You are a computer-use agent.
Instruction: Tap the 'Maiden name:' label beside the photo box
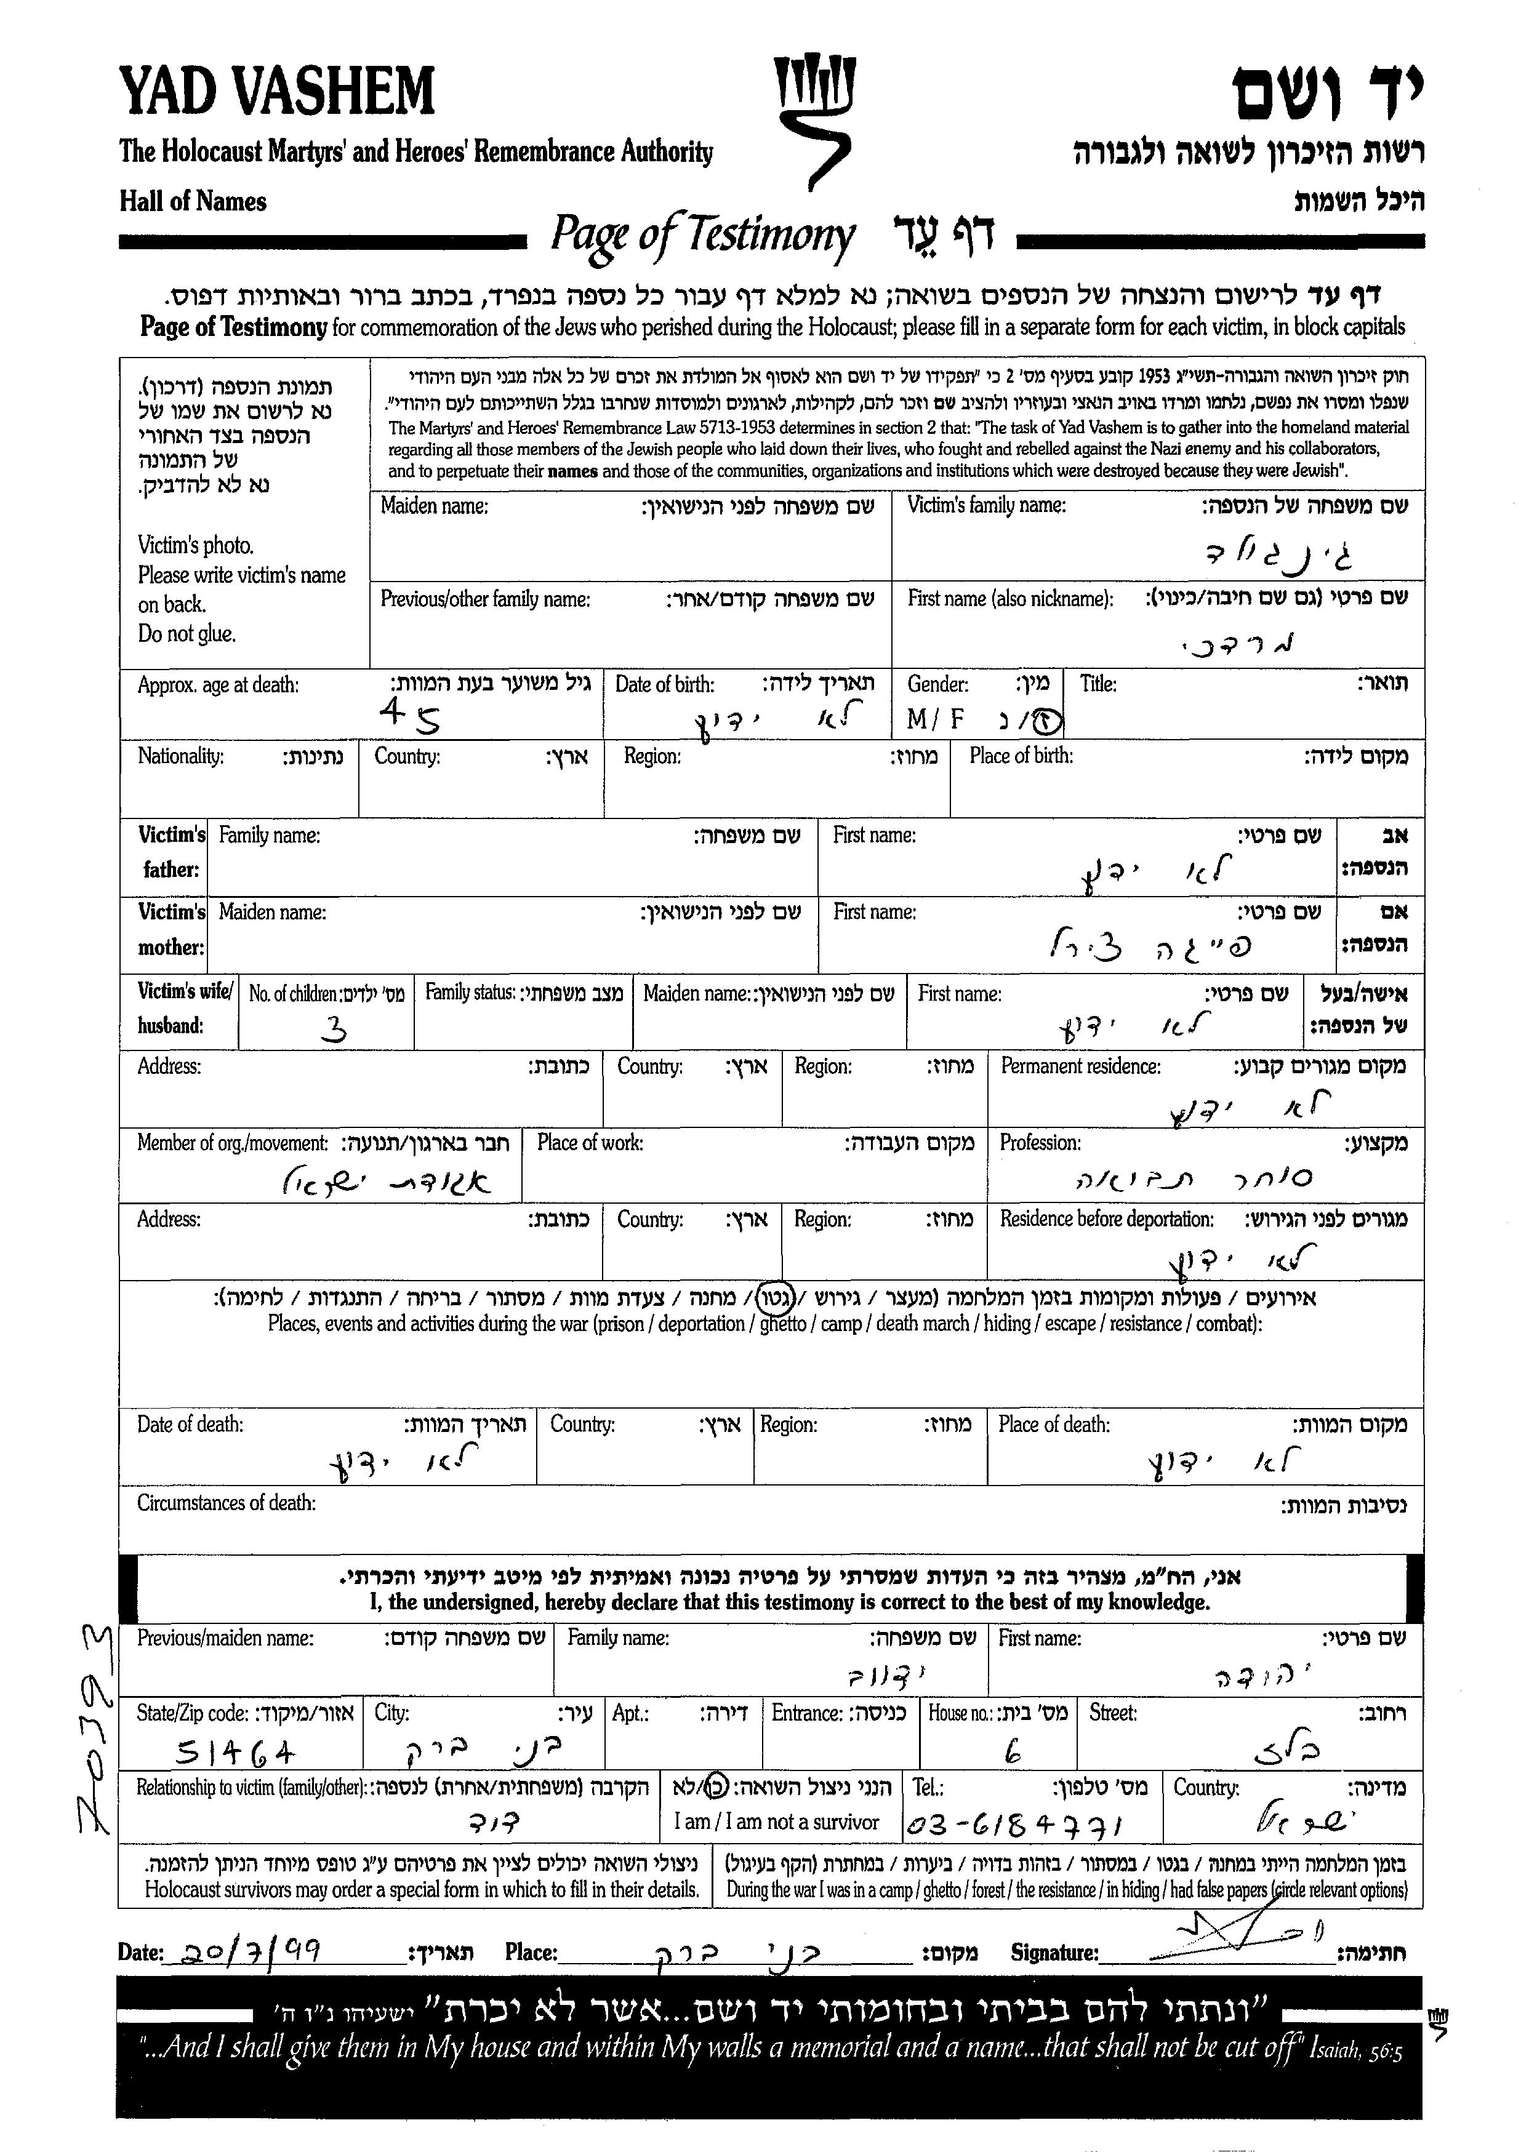434,506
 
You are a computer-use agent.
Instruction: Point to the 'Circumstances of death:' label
226,1502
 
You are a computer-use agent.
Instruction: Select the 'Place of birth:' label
1021,756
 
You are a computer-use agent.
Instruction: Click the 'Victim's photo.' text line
195,545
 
